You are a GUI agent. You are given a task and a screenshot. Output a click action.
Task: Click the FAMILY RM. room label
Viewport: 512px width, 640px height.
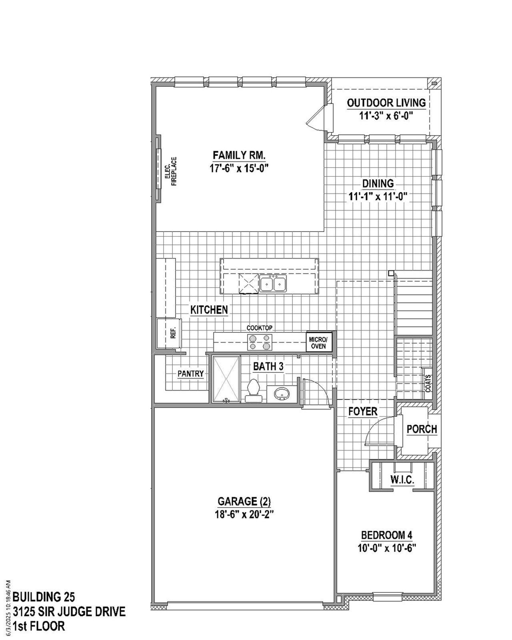pos(239,155)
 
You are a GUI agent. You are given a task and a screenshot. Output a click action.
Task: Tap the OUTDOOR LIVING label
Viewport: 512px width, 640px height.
pos(386,103)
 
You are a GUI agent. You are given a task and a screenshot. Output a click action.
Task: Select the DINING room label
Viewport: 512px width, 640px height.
pos(378,184)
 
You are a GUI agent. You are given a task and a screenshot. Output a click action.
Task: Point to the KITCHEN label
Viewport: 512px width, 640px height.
pos(209,310)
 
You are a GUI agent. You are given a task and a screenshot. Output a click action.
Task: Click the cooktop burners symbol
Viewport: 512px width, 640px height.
pos(260,342)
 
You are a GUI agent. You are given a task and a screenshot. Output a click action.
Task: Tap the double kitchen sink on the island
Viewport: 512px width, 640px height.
pos(273,284)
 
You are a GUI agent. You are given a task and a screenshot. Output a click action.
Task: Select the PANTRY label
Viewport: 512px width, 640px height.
pos(191,374)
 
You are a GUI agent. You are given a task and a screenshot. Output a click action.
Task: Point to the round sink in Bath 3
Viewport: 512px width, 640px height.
pos(282,394)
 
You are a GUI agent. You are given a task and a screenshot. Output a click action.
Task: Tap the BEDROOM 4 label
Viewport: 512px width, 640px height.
pos(386,535)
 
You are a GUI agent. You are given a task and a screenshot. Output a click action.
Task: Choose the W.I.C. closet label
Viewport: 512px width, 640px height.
pos(402,480)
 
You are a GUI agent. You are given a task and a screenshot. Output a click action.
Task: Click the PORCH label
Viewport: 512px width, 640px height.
pos(422,429)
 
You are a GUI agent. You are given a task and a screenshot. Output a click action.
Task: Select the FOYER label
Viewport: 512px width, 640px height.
pos(362,411)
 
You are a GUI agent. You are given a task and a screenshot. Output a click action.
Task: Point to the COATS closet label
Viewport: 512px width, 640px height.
pos(428,383)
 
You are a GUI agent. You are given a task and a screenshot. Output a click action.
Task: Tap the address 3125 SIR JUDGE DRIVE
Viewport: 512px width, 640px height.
pos(69,612)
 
